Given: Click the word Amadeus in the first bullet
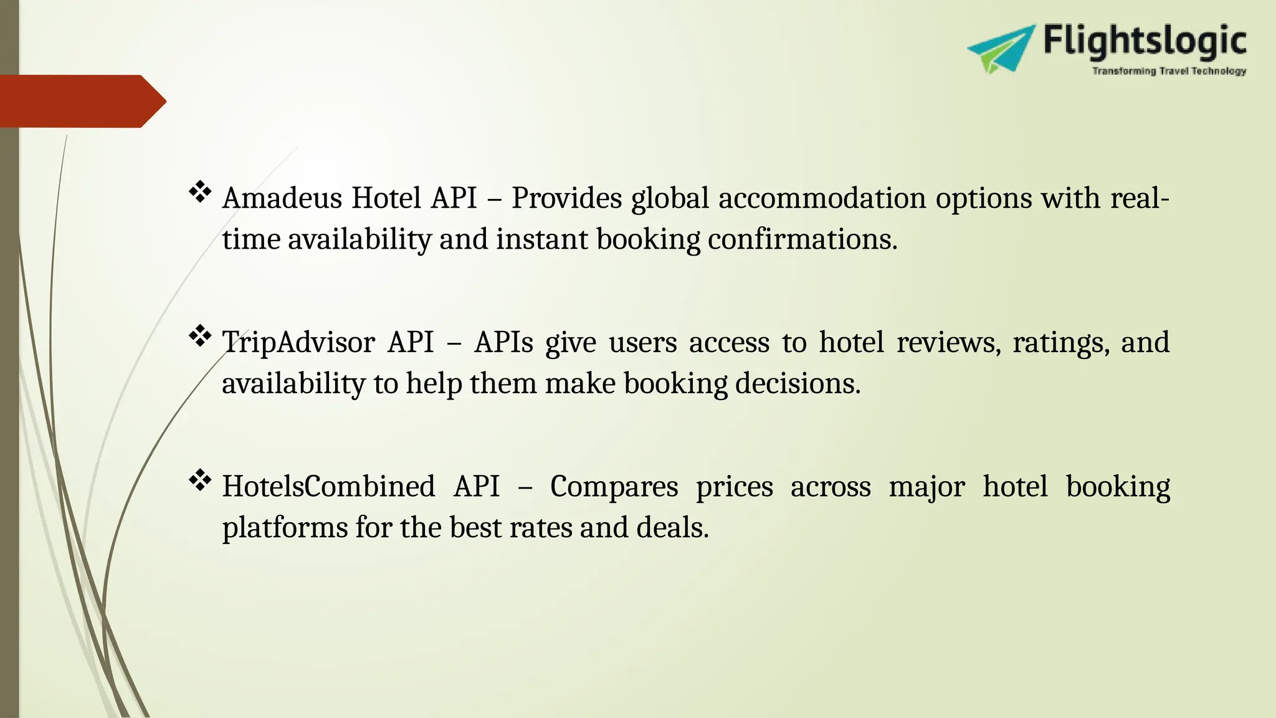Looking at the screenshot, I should (x=282, y=198).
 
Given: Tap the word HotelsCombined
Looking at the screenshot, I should (x=328, y=486).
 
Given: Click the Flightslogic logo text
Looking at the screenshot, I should (x=1145, y=42).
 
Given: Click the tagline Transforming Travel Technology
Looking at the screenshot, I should (x=1169, y=72).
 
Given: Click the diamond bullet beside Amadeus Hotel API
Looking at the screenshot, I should (x=200, y=191).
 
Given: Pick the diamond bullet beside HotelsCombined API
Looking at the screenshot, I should (x=200, y=480).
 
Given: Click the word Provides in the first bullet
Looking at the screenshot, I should (x=566, y=198).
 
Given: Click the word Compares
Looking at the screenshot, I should (x=614, y=486).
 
